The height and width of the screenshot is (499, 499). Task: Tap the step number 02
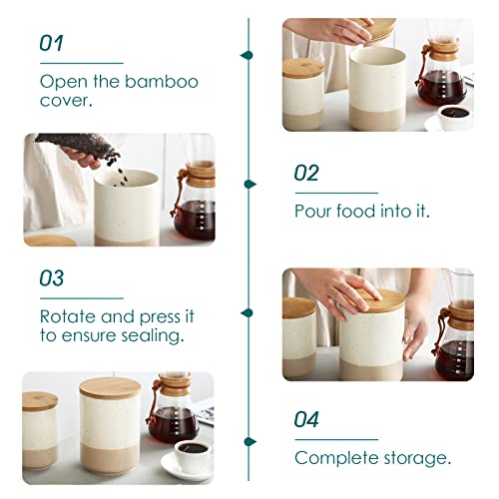[306, 173]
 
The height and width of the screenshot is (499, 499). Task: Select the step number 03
[52, 278]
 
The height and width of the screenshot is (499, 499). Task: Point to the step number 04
[307, 420]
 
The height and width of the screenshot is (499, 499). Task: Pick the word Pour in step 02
[313, 211]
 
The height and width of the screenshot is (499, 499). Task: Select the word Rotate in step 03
[67, 315]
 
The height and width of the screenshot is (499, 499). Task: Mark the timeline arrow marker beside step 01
[249, 55]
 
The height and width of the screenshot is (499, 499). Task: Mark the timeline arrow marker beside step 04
[249, 440]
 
